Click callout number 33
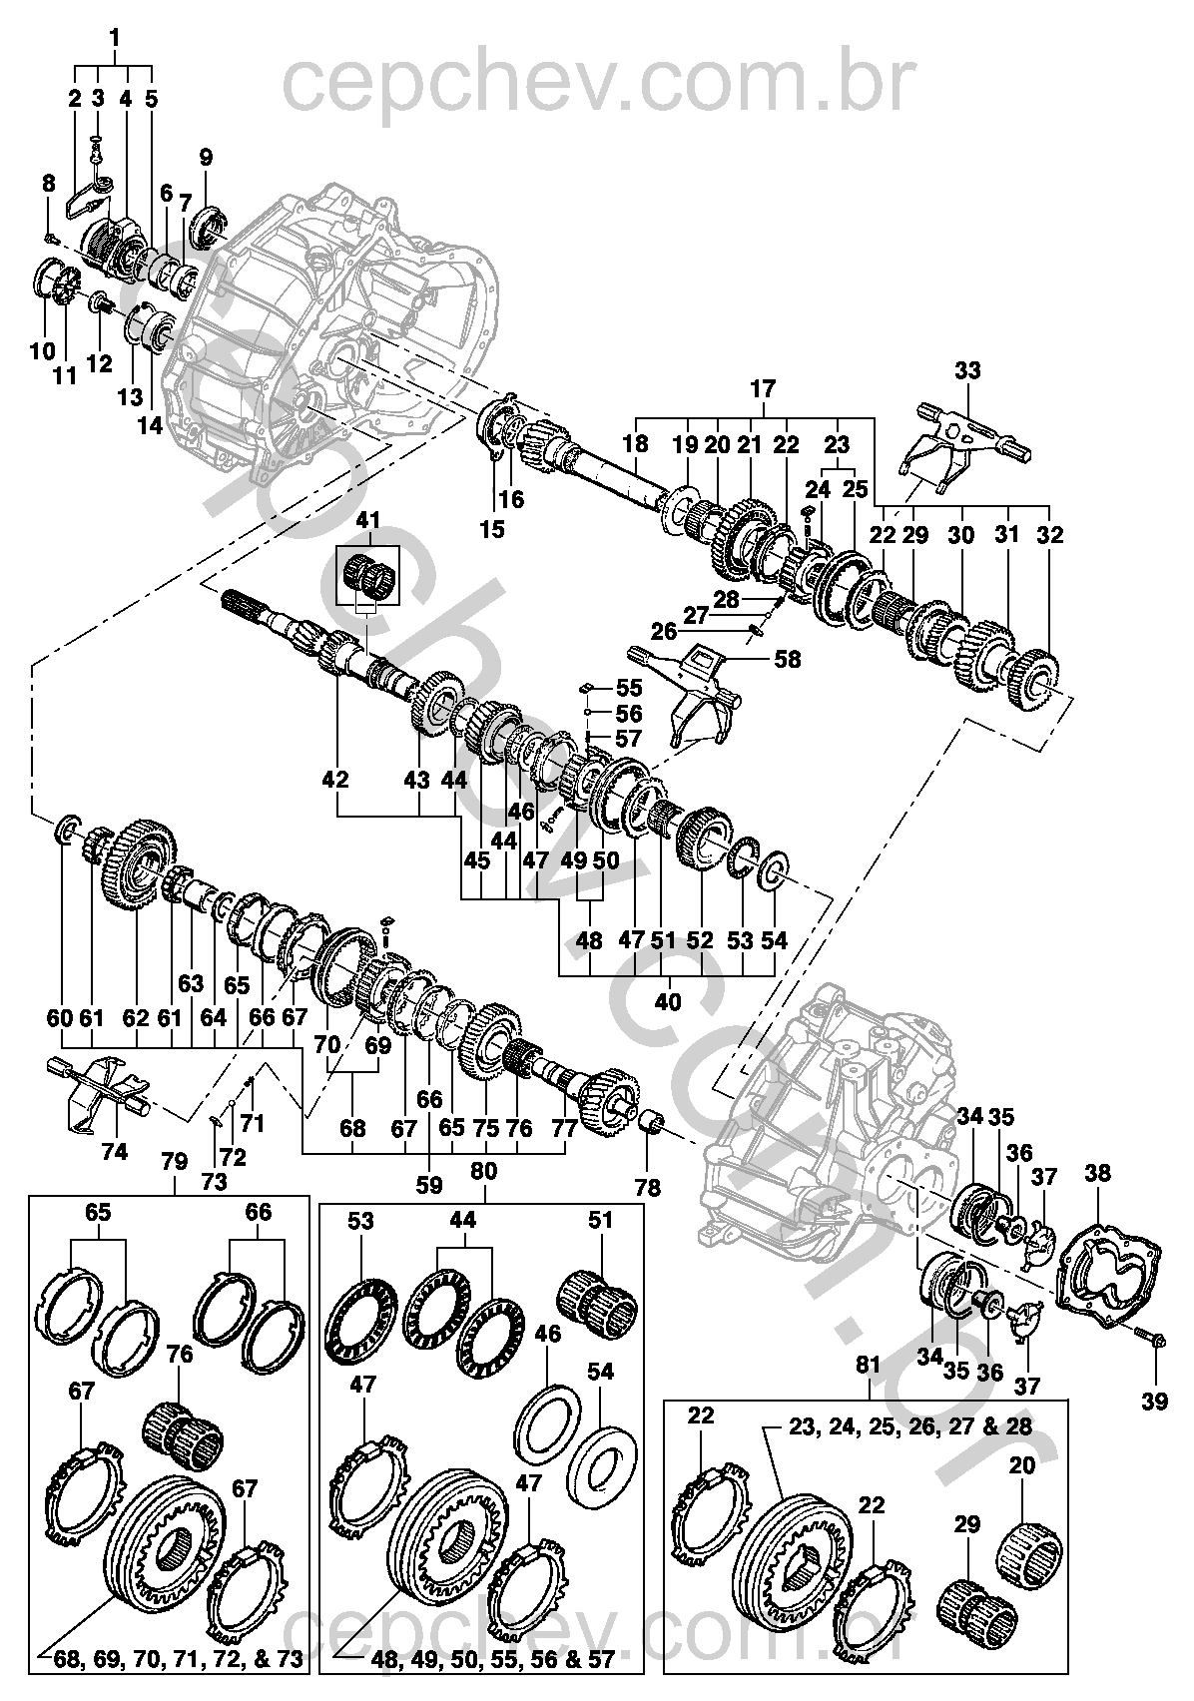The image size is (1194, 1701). (x=966, y=371)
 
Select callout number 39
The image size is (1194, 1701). (x=1154, y=1402)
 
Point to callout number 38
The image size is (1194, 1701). (x=1097, y=1175)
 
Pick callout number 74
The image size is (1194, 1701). (x=115, y=1151)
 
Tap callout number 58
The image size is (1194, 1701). (x=788, y=660)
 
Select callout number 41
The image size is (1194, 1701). (x=368, y=520)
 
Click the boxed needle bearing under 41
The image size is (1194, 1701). (x=368, y=575)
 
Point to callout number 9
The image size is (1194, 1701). (x=206, y=157)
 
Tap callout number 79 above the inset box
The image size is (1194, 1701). (x=175, y=1162)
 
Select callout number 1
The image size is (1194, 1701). (x=114, y=38)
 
